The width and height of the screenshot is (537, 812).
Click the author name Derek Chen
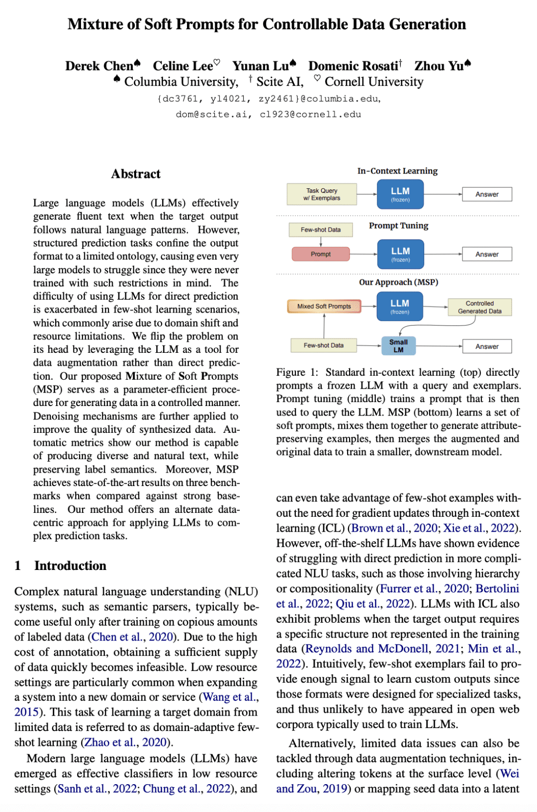pyautogui.click(x=99, y=66)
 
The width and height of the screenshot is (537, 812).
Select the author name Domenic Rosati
pyautogui.click(x=353, y=66)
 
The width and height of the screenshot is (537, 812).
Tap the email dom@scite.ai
pyautogui.click(x=211, y=114)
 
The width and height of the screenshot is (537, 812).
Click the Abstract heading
pyautogui.click(x=136, y=174)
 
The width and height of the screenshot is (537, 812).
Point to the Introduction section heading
pyautogui.click(x=70, y=566)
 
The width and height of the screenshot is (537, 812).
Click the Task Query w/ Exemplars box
pyautogui.click(x=322, y=194)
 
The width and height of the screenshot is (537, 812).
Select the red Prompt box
pyautogui.click(x=321, y=254)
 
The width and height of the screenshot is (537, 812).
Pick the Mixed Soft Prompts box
pyautogui.click(x=324, y=306)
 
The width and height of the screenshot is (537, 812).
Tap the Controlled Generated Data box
pyautogui.click(x=480, y=307)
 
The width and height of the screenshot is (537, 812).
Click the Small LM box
pyautogui.click(x=398, y=346)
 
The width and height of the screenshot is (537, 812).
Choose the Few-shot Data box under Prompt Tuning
pyautogui.click(x=321, y=230)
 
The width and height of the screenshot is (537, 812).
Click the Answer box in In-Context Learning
pyautogui.click(x=487, y=194)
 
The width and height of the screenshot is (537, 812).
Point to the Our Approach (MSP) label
pyautogui.click(x=398, y=282)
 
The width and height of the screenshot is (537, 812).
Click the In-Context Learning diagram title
pyautogui.click(x=397, y=171)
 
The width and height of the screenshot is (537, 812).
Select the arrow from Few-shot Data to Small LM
pyautogui.click(x=369, y=345)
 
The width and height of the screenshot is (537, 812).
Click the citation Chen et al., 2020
pyautogui.click(x=133, y=637)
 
